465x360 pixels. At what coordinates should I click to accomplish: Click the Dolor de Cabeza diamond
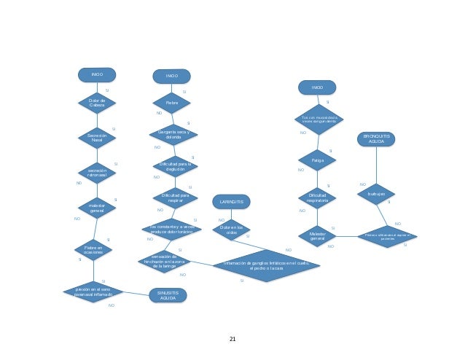point(97,103)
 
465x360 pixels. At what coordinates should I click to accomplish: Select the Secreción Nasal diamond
point(97,137)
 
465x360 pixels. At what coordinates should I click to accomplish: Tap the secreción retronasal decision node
point(97,173)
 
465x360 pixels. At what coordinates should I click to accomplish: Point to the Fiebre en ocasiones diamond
point(93,250)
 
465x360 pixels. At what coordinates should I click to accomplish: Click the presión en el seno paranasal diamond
point(93,291)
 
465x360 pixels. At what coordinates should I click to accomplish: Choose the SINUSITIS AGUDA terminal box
point(168,295)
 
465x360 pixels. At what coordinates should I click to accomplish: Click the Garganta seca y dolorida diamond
point(173,134)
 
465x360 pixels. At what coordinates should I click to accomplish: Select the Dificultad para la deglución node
point(175,166)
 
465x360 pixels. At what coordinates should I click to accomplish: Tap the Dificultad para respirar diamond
point(175,197)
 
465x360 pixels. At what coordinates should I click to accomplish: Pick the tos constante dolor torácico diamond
point(171,229)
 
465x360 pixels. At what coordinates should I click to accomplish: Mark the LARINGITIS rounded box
point(231,201)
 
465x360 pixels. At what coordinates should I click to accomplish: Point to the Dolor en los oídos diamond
point(232,230)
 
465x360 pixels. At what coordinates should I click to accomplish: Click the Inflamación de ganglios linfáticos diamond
point(266,265)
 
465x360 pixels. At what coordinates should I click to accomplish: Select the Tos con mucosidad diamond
point(319,119)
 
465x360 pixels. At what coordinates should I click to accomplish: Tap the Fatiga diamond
point(317,160)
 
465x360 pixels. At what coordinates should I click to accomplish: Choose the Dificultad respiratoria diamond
point(317,197)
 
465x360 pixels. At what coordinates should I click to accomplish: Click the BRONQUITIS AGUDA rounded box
point(376,138)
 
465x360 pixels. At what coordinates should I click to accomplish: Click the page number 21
point(232,339)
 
